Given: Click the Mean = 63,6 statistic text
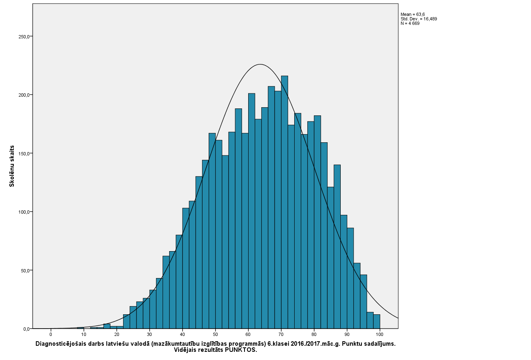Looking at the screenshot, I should (412, 14).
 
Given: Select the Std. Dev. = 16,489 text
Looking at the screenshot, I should (419, 19).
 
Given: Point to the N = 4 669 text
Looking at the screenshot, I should (410, 23).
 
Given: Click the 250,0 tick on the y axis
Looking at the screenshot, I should (24, 37).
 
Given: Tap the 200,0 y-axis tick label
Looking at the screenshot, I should (24, 95).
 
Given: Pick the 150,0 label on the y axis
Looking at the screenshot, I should (24, 154).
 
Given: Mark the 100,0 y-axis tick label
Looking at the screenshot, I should (24, 212).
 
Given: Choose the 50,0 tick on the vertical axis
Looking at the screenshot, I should (24, 270).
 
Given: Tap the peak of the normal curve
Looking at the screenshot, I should (260, 64).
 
